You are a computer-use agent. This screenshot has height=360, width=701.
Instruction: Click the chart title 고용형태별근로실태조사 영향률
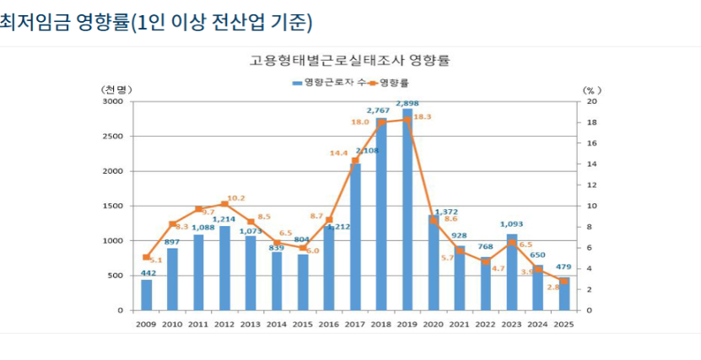349,61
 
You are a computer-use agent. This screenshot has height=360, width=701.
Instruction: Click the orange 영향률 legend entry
390,82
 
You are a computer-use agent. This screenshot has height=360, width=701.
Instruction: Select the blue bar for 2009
147,294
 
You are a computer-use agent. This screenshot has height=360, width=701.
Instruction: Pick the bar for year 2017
355,237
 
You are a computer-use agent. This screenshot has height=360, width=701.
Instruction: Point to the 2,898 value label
407,103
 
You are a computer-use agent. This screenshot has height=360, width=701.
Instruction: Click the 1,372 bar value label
445,212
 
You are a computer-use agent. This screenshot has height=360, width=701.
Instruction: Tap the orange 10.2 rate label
237,198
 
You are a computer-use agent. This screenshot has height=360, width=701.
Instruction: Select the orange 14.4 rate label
338,153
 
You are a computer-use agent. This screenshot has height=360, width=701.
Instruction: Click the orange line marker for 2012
224,204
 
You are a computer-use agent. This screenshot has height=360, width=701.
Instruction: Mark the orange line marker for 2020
434,221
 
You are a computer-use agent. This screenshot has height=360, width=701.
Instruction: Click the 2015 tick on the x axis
303,324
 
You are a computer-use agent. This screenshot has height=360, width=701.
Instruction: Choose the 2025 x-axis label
564,324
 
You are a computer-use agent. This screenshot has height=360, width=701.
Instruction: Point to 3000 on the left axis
113,101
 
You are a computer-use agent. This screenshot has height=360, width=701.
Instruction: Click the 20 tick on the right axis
592,101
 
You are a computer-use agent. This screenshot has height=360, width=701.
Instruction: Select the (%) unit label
590,89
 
